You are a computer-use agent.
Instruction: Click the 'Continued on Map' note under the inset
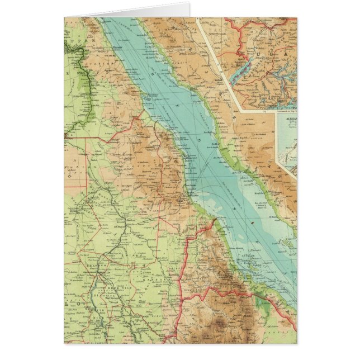(x=285, y=111)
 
